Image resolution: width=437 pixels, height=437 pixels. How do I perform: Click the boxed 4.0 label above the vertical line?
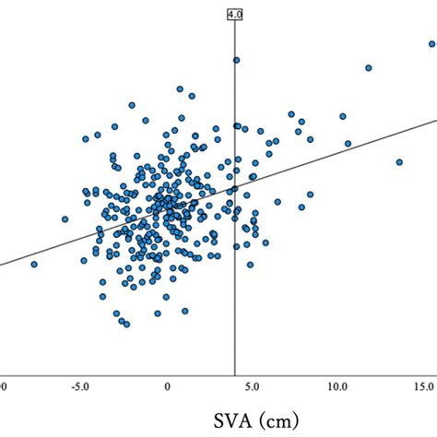pos(235,15)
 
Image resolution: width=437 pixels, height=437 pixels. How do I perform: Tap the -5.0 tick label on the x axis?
pos(82,384)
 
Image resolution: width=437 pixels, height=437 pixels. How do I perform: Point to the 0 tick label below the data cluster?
pos(167,384)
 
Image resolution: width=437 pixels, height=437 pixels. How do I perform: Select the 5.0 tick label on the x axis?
pos(253,384)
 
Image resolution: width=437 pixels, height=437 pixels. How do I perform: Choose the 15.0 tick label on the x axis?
pos(423,384)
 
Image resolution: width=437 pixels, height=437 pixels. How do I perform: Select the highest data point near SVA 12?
pos(368,67)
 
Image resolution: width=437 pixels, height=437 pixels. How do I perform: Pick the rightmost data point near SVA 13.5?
pos(399,161)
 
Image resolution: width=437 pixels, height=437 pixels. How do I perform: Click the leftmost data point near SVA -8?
pos(34,265)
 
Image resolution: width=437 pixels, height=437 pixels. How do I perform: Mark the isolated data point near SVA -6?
pos(65,219)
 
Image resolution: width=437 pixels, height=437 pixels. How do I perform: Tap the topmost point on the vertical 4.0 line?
pos(236,60)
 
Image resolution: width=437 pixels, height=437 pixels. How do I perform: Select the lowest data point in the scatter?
pos(126,324)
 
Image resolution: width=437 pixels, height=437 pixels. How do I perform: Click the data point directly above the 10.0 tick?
pos(342,116)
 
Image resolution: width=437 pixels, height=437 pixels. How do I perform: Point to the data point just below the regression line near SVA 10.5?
pos(348,143)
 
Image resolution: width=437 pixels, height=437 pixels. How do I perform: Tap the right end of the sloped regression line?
pos(435,121)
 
